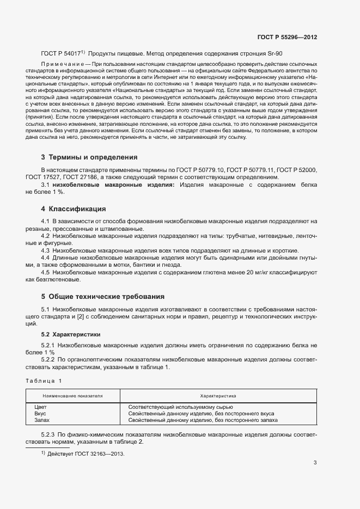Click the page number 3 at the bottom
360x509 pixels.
315,463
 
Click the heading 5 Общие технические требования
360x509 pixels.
102,297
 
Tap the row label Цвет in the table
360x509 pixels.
40,407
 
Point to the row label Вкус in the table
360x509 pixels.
40,414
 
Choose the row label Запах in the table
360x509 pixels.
42,420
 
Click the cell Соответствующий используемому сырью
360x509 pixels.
180,407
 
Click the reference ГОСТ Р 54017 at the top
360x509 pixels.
60,54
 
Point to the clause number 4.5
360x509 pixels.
45,272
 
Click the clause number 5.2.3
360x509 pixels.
48,434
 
